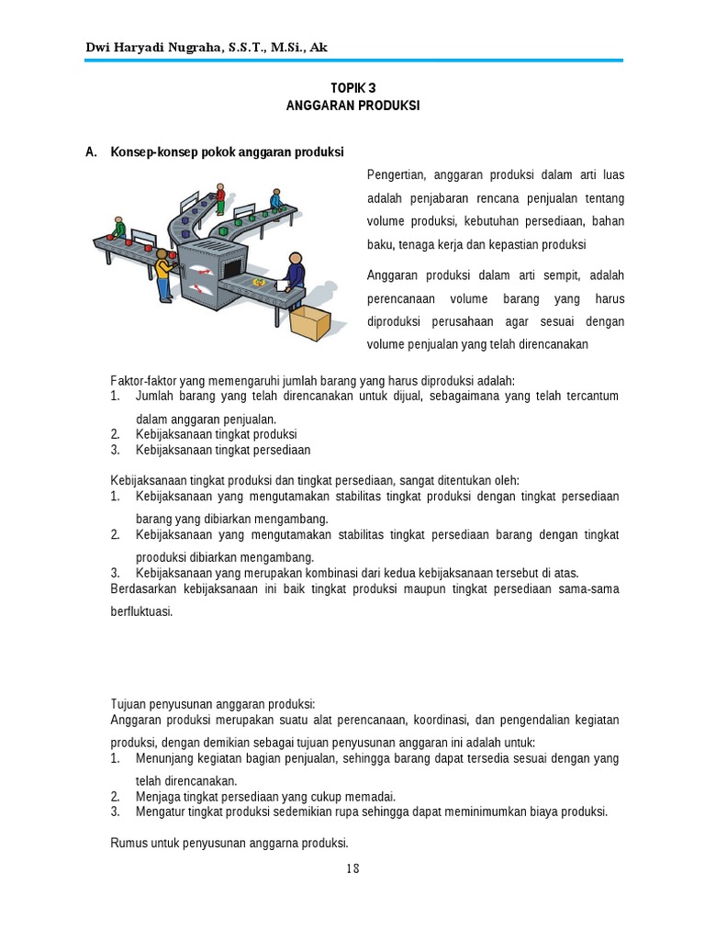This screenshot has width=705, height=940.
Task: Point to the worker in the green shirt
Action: (x=119, y=227)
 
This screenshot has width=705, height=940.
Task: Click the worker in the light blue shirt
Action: (x=275, y=199)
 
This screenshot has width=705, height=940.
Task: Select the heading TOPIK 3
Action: (x=352, y=89)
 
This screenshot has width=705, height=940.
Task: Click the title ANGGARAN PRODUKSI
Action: (x=352, y=106)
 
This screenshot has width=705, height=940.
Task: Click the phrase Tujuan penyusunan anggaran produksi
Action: (x=213, y=703)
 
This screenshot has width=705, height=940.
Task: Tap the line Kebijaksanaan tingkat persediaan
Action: (x=223, y=450)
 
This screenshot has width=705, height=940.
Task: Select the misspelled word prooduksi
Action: (x=165, y=556)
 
